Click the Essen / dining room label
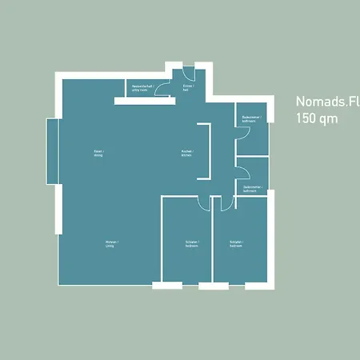click(x=98, y=153)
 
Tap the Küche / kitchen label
click(x=186, y=153)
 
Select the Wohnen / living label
click(x=110, y=244)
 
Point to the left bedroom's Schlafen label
click(x=192, y=244)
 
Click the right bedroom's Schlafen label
click(x=235, y=244)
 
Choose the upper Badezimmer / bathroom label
click(x=251, y=119)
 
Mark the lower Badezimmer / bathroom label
click(x=251, y=189)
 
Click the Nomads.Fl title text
click(x=327, y=102)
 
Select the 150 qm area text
click(x=317, y=118)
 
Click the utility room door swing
click(x=162, y=91)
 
